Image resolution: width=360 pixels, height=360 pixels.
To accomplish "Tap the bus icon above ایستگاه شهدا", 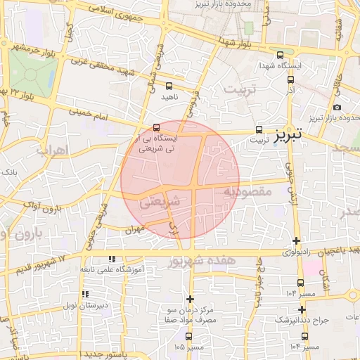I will click(x=280, y=55).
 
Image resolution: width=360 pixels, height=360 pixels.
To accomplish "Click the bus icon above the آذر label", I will click(x=290, y=81).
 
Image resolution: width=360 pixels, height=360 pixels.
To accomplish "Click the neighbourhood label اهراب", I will click(x=50, y=150).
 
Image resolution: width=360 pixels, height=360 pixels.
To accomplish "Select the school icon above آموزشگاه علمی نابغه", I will click(x=112, y=259).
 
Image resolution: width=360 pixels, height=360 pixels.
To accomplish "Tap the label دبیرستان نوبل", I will click(x=63, y=305).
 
